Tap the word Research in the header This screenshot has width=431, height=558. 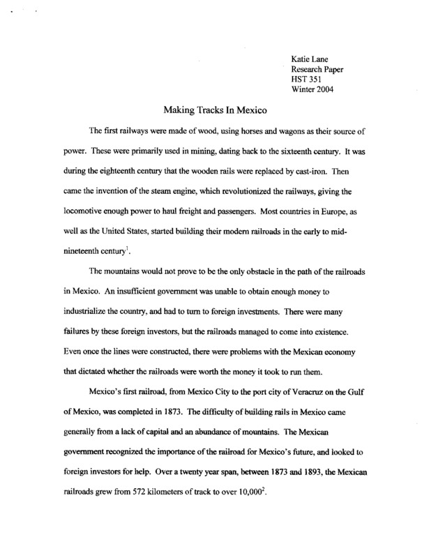pos(309,70)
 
